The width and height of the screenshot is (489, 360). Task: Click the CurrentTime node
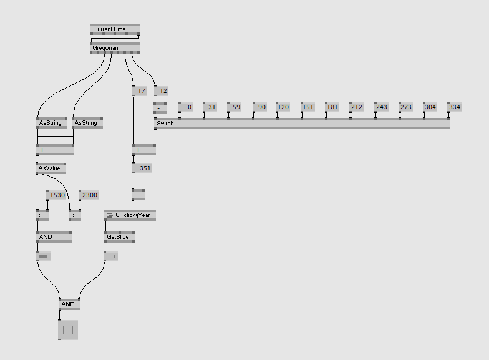(x=115, y=29)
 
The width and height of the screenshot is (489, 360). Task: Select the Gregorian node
(x=115, y=48)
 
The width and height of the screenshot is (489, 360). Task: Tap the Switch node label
(x=166, y=124)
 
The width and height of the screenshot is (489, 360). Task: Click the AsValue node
(x=51, y=168)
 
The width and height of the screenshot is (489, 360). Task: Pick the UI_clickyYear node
(x=130, y=215)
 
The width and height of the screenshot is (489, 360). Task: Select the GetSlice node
(x=119, y=237)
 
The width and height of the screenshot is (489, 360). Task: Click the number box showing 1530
(x=57, y=195)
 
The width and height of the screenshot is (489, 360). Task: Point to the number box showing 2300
(x=89, y=195)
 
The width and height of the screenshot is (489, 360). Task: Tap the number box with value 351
(x=142, y=168)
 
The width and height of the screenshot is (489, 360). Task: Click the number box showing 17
(x=139, y=91)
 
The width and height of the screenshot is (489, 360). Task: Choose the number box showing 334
(x=454, y=107)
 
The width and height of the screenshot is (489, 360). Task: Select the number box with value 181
(x=332, y=107)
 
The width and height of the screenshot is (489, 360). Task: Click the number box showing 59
(x=235, y=107)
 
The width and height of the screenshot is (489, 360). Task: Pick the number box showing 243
(x=380, y=107)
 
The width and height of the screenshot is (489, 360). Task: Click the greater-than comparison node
(x=42, y=216)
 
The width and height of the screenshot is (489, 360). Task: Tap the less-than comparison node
(x=75, y=216)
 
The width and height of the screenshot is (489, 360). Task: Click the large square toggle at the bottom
(x=68, y=330)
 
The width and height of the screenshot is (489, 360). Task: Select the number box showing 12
(x=161, y=91)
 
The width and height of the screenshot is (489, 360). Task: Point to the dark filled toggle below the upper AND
(x=43, y=256)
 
